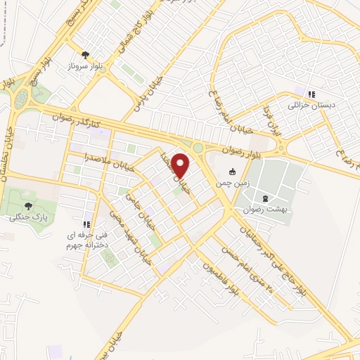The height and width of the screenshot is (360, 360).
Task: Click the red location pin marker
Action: click(x=182, y=165)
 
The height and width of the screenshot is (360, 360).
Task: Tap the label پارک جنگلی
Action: click(x=25, y=217)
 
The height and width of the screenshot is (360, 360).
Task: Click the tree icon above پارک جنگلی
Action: click(x=28, y=206)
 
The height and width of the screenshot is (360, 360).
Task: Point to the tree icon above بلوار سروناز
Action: click(x=85, y=53)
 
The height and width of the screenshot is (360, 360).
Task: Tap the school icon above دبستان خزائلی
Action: click(x=311, y=94)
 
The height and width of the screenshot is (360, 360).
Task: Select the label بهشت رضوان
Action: click(x=266, y=210)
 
